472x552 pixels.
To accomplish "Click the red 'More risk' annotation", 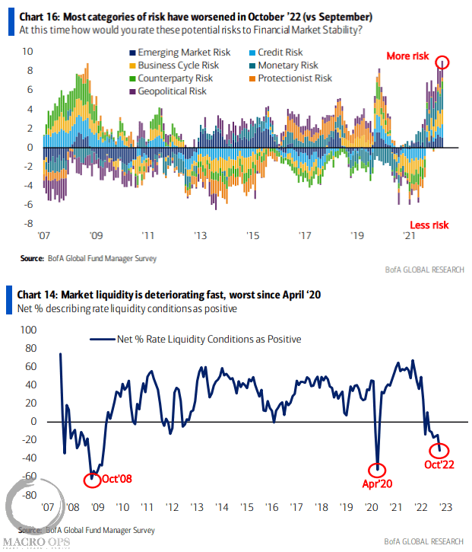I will tap(407, 56).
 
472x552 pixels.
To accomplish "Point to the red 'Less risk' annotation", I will tap(430, 225).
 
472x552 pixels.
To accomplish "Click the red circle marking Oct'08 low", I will tap(92, 479).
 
